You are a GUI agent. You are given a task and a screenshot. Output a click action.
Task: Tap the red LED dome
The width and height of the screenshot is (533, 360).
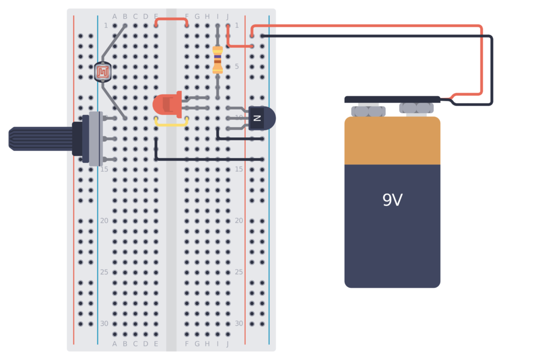[166, 105]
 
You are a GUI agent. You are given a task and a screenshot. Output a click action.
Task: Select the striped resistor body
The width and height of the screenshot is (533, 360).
[218, 59]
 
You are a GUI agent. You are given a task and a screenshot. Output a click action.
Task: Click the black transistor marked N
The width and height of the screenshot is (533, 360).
[260, 118]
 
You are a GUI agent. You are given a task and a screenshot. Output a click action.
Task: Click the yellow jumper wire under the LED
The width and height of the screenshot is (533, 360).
[171, 125]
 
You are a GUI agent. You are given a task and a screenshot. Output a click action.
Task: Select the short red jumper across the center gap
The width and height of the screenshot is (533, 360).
[171, 20]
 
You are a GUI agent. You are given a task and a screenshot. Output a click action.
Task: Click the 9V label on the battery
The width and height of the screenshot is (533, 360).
[392, 200]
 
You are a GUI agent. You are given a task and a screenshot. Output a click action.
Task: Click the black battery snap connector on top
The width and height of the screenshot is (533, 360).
[392, 99]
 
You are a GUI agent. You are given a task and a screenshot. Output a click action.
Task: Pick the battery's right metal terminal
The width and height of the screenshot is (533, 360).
[416, 108]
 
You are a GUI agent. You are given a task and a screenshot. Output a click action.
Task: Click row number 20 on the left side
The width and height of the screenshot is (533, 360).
[104, 221]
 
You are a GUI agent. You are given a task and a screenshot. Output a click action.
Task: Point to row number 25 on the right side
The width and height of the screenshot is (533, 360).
[238, 272]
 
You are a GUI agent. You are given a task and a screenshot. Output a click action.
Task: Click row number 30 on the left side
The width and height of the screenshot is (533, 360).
[104, 324]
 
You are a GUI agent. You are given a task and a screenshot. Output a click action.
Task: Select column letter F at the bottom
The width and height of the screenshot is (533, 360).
[187, 344]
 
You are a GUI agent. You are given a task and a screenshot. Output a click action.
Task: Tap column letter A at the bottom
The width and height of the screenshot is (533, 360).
[115, 344]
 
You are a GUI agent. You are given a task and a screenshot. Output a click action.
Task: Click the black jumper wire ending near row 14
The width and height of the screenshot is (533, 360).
[208, 159]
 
